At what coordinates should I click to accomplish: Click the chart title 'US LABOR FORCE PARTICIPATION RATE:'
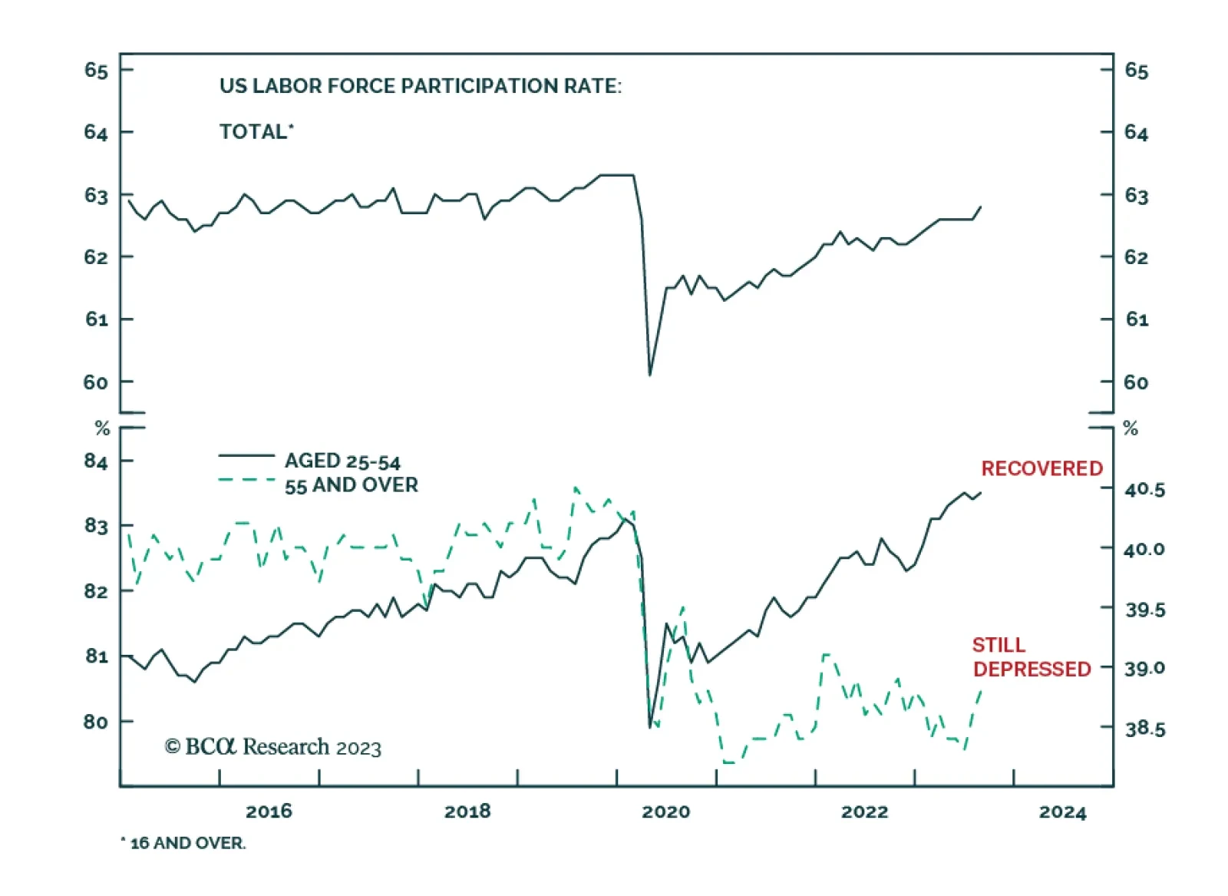tap(420, 86)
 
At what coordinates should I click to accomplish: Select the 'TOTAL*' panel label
tap(256, 132)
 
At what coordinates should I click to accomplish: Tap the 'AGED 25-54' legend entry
tap(342, 461)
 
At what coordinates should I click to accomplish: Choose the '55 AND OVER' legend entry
tap(351, 485)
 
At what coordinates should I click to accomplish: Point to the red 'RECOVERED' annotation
tap(1041, 468)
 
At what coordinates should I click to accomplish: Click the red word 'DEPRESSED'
tap(1032, 670)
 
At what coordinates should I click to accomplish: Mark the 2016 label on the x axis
tap(269, 812)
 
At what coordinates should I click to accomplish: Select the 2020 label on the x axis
tap(665, 812)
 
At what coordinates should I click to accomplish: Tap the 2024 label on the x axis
tap(1062, 812)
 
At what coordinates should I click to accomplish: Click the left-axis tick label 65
tap(96, 71)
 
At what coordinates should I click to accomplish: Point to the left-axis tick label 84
tap(96, 461)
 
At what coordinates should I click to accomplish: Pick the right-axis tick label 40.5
tap(1144, 490)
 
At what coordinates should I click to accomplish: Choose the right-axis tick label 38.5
tap(1144, 729)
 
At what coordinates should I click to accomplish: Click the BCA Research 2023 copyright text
tap(272, 747)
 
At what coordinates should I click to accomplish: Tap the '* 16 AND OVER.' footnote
tap(183, 843)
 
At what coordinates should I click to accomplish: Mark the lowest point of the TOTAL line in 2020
tap(650, 375)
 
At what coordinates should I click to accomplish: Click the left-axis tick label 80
tap(96, 722)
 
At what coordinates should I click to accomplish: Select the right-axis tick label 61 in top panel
tap(1137, 319)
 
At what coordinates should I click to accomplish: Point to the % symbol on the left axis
tap(102, 428)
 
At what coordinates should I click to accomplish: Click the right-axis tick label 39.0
tap(1144, 669)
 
